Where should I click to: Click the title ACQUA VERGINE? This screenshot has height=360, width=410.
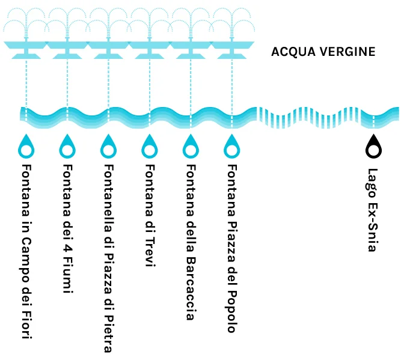pyautogui.click(x=323, y=52)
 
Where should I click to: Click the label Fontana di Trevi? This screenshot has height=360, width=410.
pyautogui.click(x=150, y=215)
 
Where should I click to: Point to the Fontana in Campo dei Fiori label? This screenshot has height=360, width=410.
pyautogui.click(x=26, y=251)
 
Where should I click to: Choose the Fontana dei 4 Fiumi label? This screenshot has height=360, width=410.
pyautogui.click(x=68, y=229)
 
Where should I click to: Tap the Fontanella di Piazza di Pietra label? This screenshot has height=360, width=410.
pyautogui.click(x=109, y=258)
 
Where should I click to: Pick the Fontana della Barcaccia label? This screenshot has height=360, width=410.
pyautogui.click(x=191, y=242)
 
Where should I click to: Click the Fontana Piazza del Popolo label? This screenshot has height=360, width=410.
pyautogui.click(x=232, y=248)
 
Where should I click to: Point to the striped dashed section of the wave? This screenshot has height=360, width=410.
pyautogui.click(x=308, y=118)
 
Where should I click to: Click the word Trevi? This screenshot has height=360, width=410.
pyautogui.click(x=150, y=252)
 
